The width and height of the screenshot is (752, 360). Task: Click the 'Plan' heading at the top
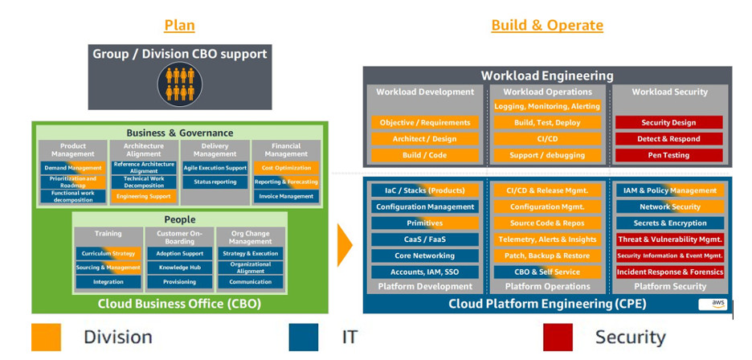[179, 25]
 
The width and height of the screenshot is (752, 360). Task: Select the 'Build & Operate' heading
[547, 25]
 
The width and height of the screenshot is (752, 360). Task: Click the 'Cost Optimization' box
[286, 168]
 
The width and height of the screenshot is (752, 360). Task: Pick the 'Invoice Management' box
[286, 196]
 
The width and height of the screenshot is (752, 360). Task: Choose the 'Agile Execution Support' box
[215, 168]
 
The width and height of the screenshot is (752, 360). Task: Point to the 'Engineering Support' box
[144, 196]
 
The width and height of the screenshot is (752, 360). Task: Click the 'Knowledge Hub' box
[179, 268]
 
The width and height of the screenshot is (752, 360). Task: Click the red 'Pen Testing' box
[668, 155]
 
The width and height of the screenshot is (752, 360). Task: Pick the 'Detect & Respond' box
[668, 139]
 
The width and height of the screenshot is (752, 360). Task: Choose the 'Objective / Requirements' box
[425, 123]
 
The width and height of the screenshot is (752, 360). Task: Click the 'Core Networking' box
[425, 256]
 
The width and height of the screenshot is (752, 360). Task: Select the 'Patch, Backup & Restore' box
[547, 256]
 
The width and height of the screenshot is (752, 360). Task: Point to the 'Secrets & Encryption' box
[670, 223]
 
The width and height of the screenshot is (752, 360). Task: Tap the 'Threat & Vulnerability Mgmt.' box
[670, 239]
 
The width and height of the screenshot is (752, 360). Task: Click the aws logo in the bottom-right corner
[712, 304]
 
